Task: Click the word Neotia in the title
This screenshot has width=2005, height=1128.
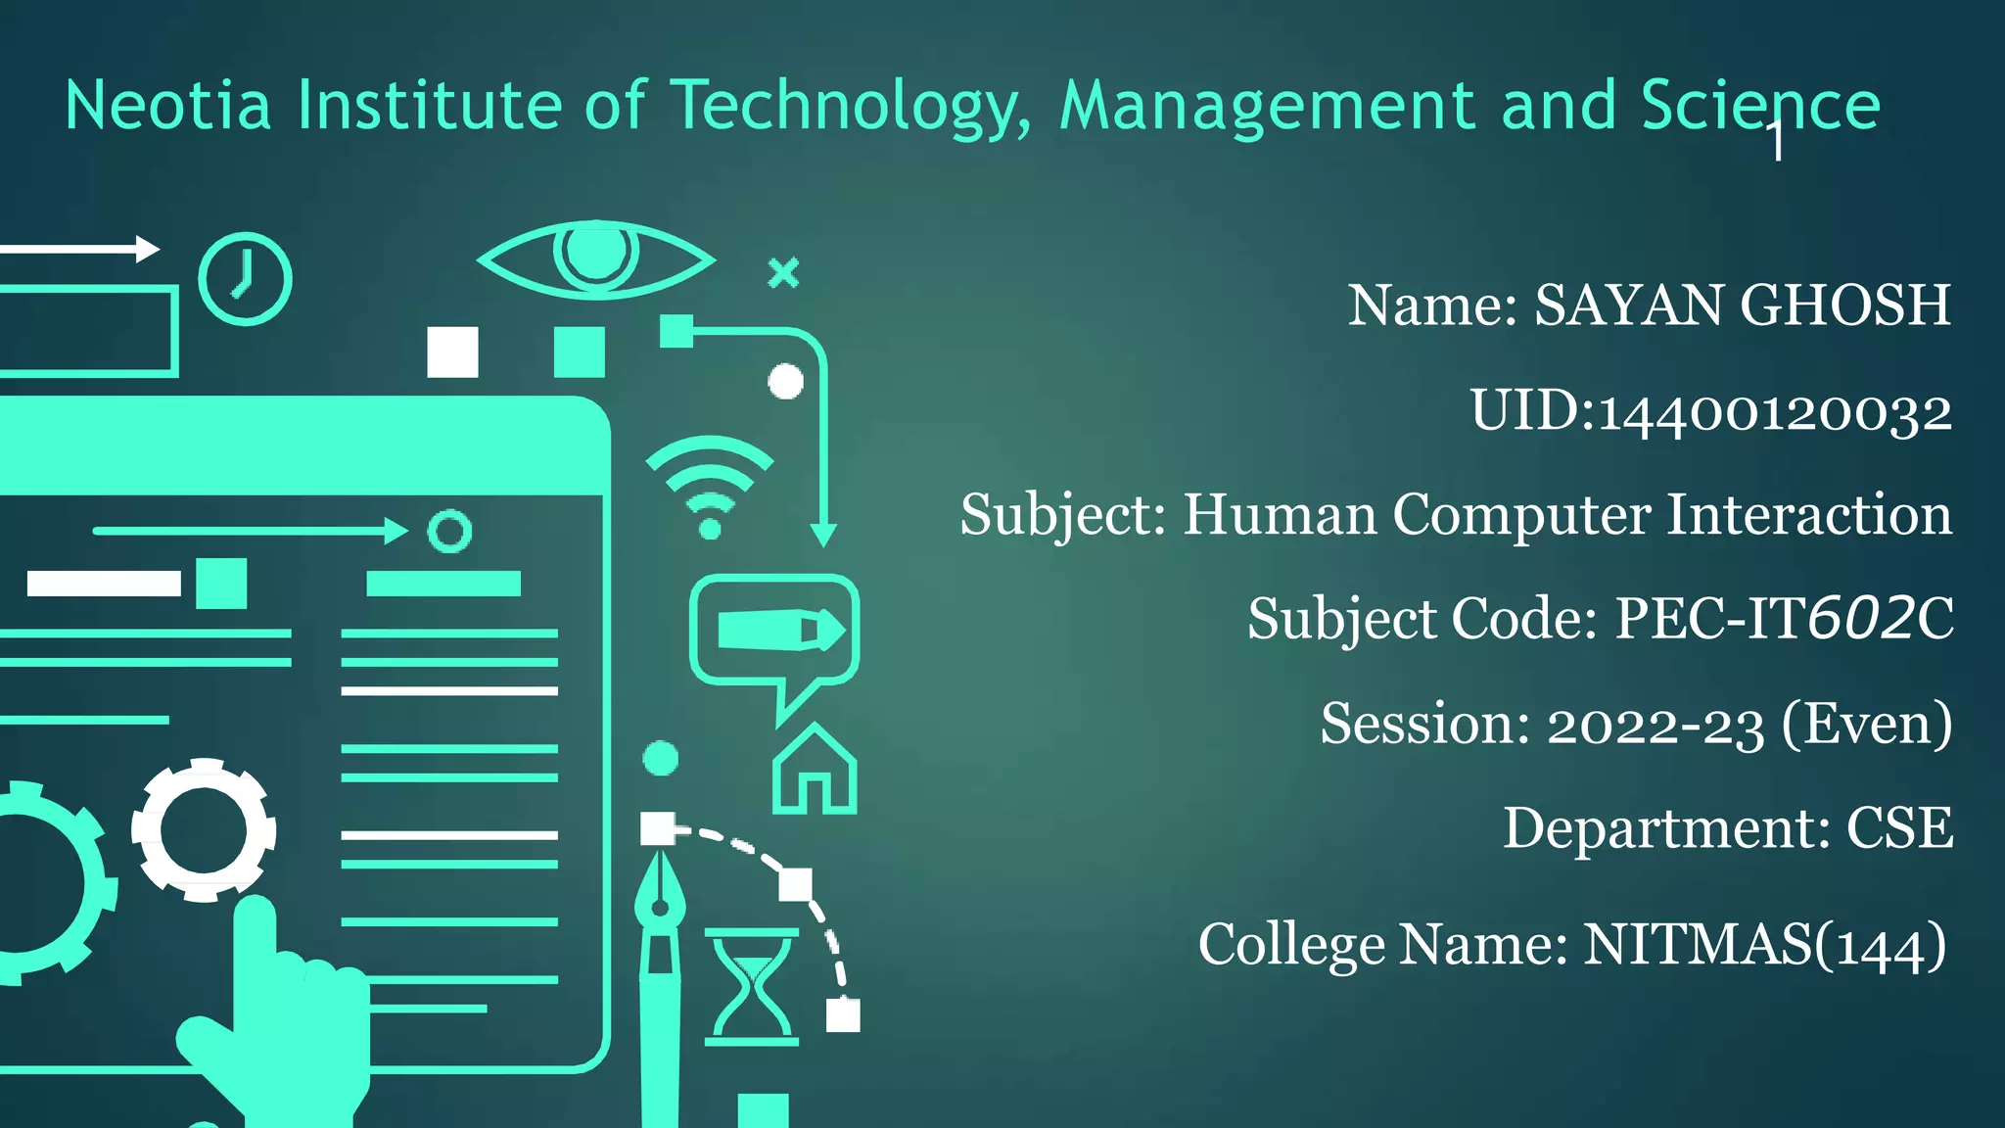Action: click(167, 106)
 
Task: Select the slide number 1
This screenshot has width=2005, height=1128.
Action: click(1776, 142)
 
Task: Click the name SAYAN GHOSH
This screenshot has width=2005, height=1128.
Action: click(1743, 305)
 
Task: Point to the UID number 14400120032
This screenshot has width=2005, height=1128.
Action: click(1775, 411)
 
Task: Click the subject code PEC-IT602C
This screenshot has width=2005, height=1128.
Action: click(1784, 618)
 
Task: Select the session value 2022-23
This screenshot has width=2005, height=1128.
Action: click(1655, 725)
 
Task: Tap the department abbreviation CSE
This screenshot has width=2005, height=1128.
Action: click(1899, 828)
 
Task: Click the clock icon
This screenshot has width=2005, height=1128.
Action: click(245, 279)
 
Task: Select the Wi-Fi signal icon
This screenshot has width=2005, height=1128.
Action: click(710, 485)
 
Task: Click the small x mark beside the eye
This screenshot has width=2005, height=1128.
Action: click(783, 272)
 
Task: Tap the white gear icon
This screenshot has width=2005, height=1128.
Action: click(204, 830)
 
